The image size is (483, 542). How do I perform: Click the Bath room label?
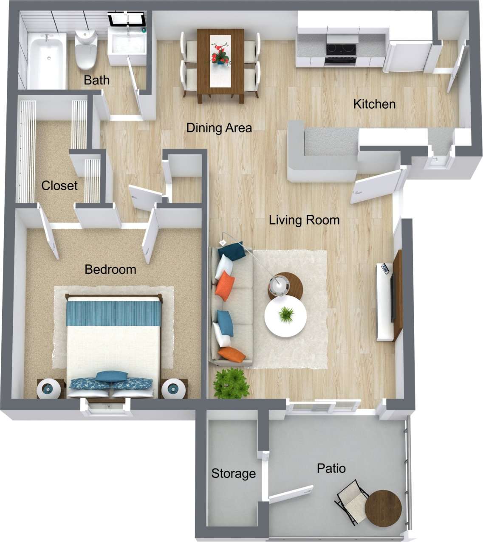pos(96,80)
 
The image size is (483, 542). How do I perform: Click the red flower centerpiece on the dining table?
pos(220,53)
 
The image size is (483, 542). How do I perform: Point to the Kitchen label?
pos(374,104)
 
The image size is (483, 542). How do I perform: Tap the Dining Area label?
pos(219,128)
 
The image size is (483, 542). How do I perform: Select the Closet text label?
pos(59,185)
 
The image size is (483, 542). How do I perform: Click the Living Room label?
pos(304,220)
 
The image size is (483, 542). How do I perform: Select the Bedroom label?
pos(110,269)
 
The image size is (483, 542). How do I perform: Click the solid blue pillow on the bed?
pos(111,376)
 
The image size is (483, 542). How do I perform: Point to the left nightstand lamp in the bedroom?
pos(50,388)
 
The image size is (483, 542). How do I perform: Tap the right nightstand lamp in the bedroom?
pos(174,388)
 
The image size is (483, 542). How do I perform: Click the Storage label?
pos(234,473)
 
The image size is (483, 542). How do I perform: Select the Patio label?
pos(331,469)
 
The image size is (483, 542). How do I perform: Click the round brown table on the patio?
pos(383,508)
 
